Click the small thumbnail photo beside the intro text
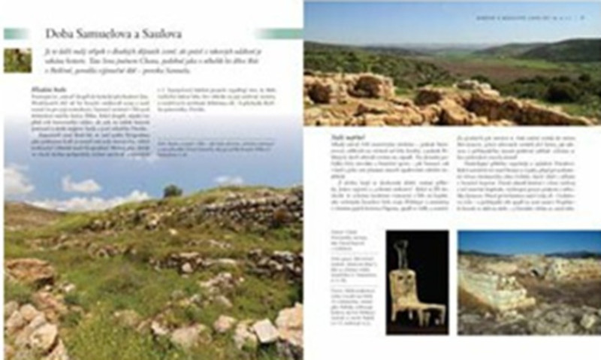click(17, 59)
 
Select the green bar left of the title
click(16, 34)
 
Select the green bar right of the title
click(277, 34)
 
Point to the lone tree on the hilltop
click(172, 191)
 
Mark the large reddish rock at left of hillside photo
click(30, 270)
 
